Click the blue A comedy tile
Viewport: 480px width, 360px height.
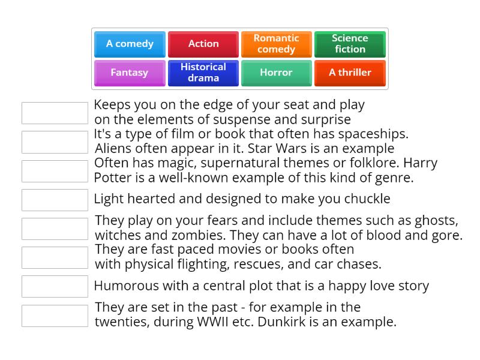point(130,44)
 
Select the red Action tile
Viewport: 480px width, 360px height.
point(203,44)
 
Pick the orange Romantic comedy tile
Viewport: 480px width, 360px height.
point(277,44)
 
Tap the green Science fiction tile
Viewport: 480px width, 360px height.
point(350,44)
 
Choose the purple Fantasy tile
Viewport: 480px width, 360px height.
point(130,73)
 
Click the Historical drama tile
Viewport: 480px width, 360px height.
point(203,73)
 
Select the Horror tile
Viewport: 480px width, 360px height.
point(277,73)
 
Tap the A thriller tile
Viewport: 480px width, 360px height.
point(350,73)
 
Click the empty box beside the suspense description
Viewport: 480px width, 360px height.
point(55,113)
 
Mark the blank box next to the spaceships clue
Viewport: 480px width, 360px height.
point(55,142)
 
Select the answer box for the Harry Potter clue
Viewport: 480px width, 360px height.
point(55,171)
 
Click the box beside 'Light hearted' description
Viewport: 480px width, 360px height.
point(55,200)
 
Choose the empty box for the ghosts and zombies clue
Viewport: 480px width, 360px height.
point(55,229)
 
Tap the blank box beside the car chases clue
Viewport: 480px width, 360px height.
point(55,257)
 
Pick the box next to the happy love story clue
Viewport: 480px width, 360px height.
point(55,286)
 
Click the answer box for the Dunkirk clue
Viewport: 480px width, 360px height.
point(55,316)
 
